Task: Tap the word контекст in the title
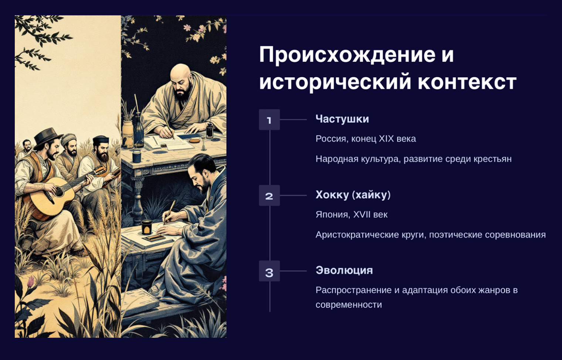467,82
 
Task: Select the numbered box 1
269,120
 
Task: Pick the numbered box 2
269,196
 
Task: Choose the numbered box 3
269,271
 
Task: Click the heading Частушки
342,119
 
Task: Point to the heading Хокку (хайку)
353,195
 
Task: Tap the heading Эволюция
344,271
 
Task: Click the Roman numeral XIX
386,139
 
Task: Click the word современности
349,305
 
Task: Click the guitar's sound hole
59,192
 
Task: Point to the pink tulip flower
30,281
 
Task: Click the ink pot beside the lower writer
147,227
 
